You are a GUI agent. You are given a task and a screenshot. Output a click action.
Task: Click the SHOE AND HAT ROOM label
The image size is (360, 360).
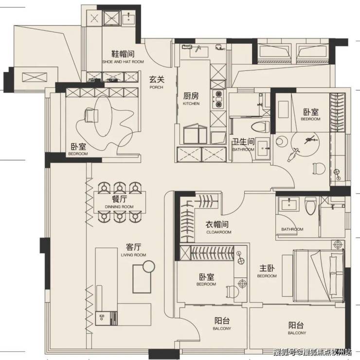click(123, 62)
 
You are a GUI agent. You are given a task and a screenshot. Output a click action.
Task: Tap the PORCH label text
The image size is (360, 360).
click(156, 87)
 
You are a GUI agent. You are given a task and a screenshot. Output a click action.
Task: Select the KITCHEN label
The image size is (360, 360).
click(191, 103)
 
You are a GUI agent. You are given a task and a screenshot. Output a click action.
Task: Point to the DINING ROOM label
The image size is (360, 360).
click(119, 206)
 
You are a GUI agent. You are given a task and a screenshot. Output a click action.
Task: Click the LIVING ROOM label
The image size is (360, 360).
click(133, 255)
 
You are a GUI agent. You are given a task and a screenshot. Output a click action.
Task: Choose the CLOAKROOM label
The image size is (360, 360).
click(219, 232)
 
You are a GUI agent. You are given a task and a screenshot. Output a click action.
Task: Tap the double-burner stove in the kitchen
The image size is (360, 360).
click(218, 99)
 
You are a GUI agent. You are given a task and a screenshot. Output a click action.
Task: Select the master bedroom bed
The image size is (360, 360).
click(318, 275)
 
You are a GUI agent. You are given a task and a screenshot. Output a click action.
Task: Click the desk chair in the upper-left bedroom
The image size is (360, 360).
click(91, 115)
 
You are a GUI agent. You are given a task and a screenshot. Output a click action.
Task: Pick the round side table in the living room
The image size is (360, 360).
click(149, 266)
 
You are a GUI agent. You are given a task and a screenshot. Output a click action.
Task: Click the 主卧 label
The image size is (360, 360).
click(267, 268)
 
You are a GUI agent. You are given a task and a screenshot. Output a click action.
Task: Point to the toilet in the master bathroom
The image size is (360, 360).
click(310, 206)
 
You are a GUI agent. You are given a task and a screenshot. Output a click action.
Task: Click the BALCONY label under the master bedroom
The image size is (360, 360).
click(297, 333)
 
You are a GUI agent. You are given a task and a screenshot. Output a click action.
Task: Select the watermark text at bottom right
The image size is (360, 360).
click(312, 352)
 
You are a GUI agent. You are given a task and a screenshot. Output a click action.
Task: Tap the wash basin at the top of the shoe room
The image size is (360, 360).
click(129, 18)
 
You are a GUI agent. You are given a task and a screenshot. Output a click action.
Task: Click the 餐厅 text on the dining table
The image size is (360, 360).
click(119, 199)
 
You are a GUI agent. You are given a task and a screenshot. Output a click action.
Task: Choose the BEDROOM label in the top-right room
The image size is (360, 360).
click(310, 119)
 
